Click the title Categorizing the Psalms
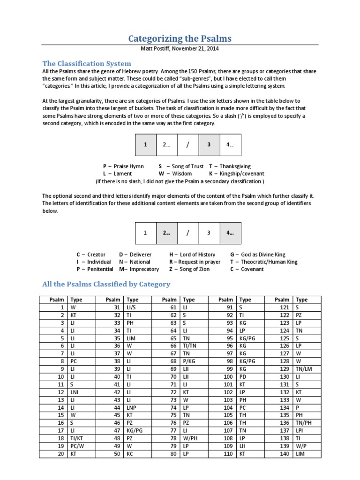click(180, 38)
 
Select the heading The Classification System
click(87, 63)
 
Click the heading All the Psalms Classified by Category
click(106, 284)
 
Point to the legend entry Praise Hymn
click(128, 166)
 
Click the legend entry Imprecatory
click(143, 269)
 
